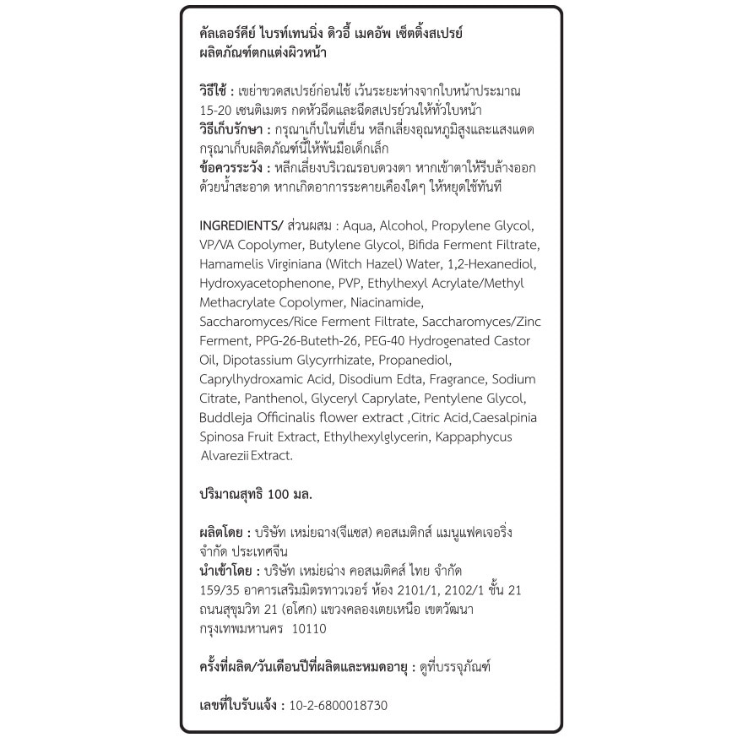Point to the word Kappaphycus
478,437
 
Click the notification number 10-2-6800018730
339,705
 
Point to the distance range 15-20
217,111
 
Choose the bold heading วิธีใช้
213,91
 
